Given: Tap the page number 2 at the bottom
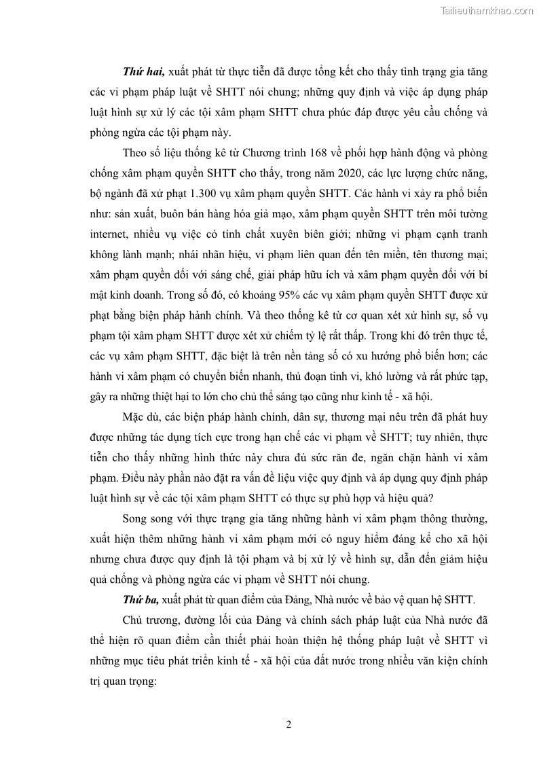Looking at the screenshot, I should tap(289, 725).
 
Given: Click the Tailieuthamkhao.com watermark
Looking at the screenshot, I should tap(487, 10).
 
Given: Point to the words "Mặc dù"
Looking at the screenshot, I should tap(140, 416).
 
